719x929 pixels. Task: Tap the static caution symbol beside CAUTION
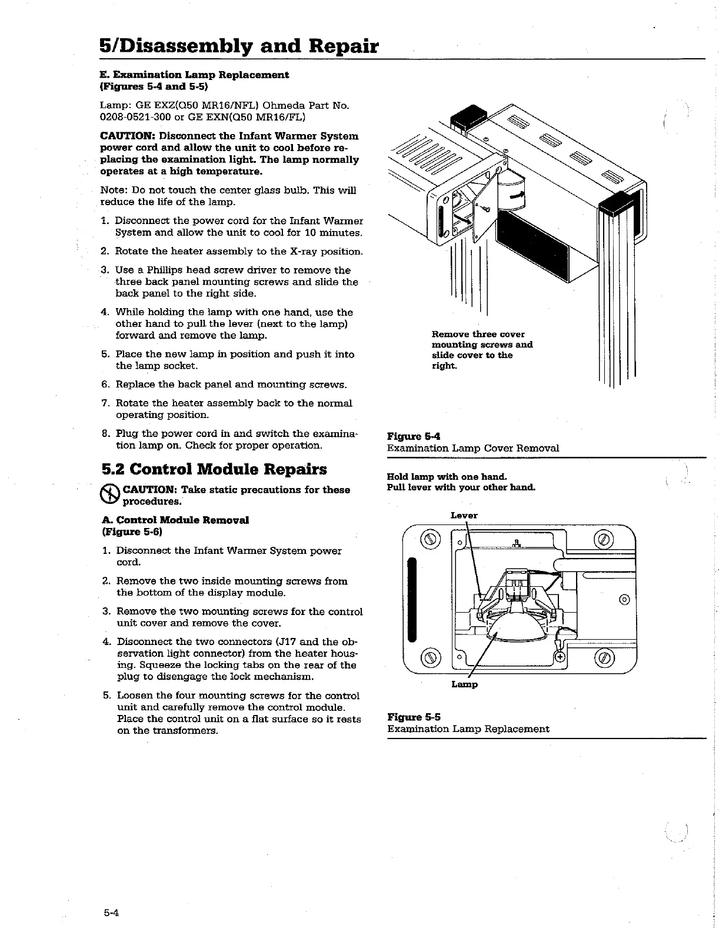(111, 494)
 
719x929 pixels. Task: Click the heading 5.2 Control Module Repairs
(214, 469)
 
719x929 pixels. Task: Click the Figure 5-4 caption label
(414, 436)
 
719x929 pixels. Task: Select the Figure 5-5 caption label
(414, 717)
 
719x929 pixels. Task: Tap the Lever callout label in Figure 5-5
(464, 516)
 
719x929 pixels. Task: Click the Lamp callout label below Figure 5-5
(464, 684)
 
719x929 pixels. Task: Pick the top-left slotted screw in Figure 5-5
(432, 539)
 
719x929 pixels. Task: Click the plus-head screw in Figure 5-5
(560, 657)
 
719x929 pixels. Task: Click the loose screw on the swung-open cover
(485, 207)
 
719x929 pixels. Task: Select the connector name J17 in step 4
(287, 641)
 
